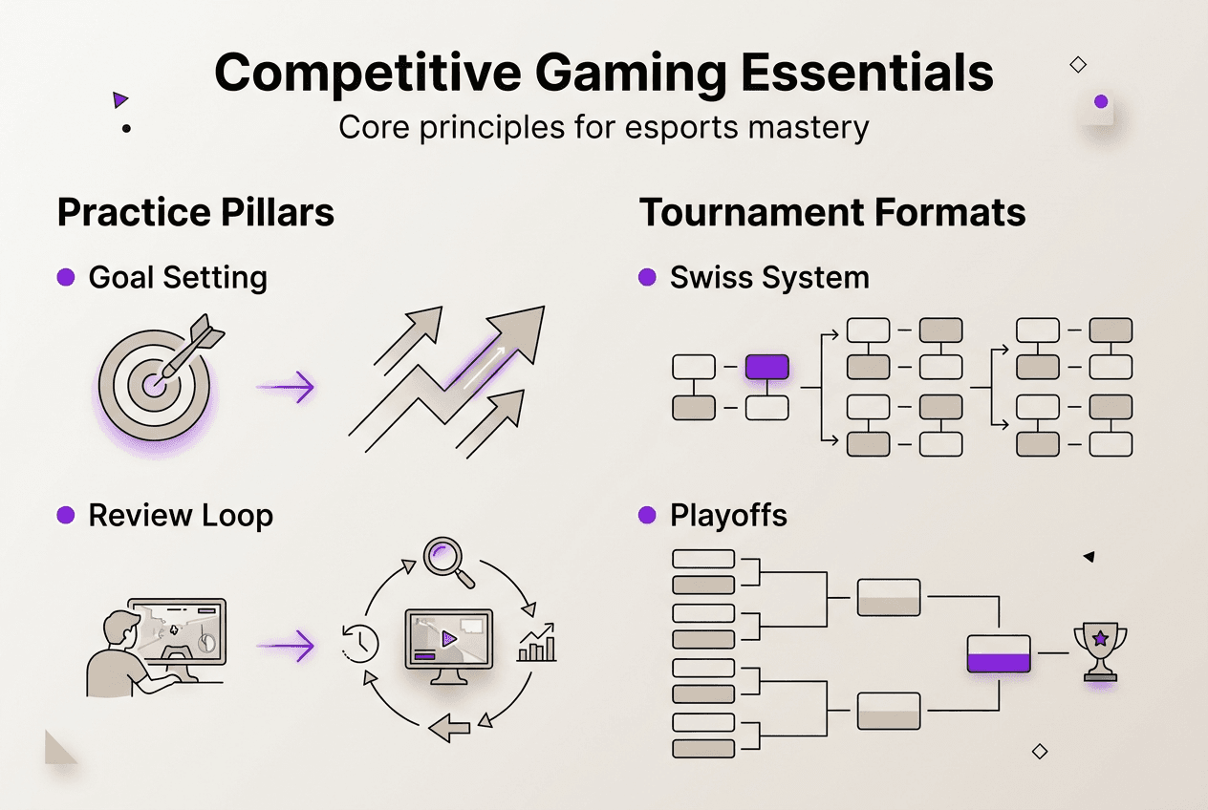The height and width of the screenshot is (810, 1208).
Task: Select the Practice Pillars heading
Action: pyautogui.click(x=196, y=212)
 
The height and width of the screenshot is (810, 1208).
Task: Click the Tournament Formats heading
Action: pyautogui.click(x=832, y=212)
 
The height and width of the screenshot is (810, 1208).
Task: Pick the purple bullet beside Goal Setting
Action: pyautogui.click(x=66, y=278)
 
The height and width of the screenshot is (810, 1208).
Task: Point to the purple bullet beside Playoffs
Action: pyautogui.click(x=647, y=516)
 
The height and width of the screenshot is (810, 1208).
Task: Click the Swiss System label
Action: pyautogui.click(x=769, y=278)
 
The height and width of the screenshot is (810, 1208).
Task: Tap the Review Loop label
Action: pyautogui.click(x=181, y=516)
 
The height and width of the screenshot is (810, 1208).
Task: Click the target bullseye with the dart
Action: pyautogui.click(x=153, y=382)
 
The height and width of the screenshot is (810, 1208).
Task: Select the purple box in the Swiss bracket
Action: pyautogui.click(x=766, y=367)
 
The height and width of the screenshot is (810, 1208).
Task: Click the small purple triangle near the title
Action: pyautogui.click(x=119, y=99)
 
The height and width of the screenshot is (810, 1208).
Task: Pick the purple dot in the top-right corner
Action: pyautogui.click(x=1101, y=101)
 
